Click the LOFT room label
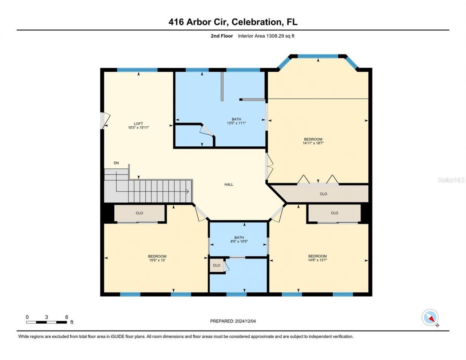coord(138,123)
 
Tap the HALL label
coord(229,185)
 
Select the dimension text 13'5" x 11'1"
coord(236,123)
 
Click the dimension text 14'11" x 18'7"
coord(313,143)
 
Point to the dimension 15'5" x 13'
coord(157,260)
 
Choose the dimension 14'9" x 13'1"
coord(317,260)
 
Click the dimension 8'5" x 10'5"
coord(239,241)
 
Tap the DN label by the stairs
coord(116,163)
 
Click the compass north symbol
coord(430,318)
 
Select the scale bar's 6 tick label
coord(67,317)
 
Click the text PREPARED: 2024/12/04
coord(236,321)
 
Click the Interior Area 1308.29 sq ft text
coord(266,36)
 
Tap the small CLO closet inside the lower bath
coord(217,265)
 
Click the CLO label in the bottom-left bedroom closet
coord(139,213)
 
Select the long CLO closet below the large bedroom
coord(323,194)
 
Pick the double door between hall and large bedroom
coord(269,166)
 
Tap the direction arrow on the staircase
coord(187,191)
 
